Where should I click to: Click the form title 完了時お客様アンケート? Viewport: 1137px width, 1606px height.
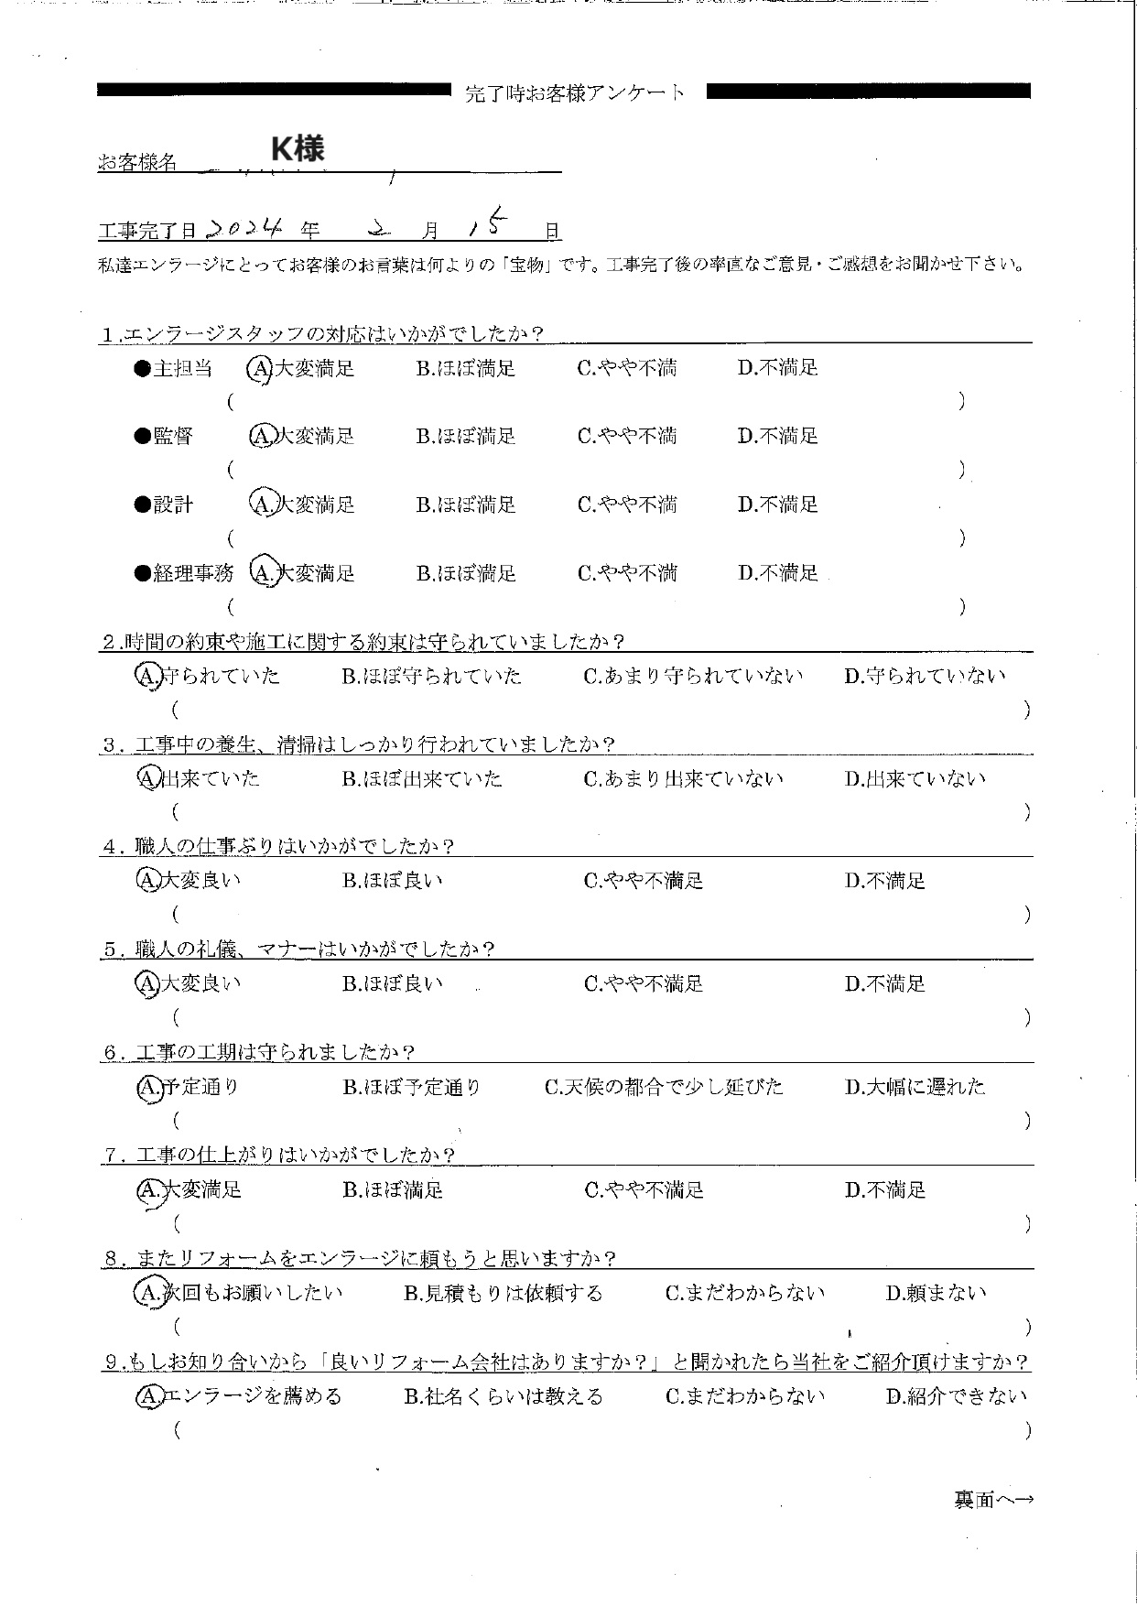click(x=575, y=92)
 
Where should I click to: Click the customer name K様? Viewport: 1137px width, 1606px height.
click(x=298, y=148)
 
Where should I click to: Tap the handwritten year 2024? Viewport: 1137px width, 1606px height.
click(x=244, y=228)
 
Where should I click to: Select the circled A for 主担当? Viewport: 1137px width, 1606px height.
click(x=260, y=368)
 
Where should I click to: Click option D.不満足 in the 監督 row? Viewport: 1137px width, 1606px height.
click(x=777, y=436)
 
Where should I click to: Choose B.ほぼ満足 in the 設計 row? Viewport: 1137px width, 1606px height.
click(x=465, y=505)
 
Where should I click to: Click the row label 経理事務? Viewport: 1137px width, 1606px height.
click(x=192, y=574)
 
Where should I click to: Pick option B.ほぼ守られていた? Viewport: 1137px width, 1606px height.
click(x=431, y=677)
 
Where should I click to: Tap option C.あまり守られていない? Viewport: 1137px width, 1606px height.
click(x=693, y=677)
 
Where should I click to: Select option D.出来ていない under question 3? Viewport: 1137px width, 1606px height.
click(x=915, y=779)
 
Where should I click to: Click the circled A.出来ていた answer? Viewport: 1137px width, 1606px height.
click(x=198, y=778)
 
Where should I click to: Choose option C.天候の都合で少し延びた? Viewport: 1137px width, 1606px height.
click(x=664, y=1087)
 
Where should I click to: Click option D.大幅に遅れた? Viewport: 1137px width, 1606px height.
click(x=915, y=1087)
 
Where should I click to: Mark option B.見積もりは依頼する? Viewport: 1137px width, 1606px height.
click(x=503, y=1293)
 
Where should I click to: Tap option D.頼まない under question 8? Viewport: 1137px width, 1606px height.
click(x=936, y=1293)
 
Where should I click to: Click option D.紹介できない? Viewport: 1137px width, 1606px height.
click(x=956, y=1396)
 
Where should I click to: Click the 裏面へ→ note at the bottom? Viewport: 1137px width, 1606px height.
click(x=993, y=1500)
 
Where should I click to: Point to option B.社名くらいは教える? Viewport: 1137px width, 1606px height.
click(x=503, y=1396)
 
